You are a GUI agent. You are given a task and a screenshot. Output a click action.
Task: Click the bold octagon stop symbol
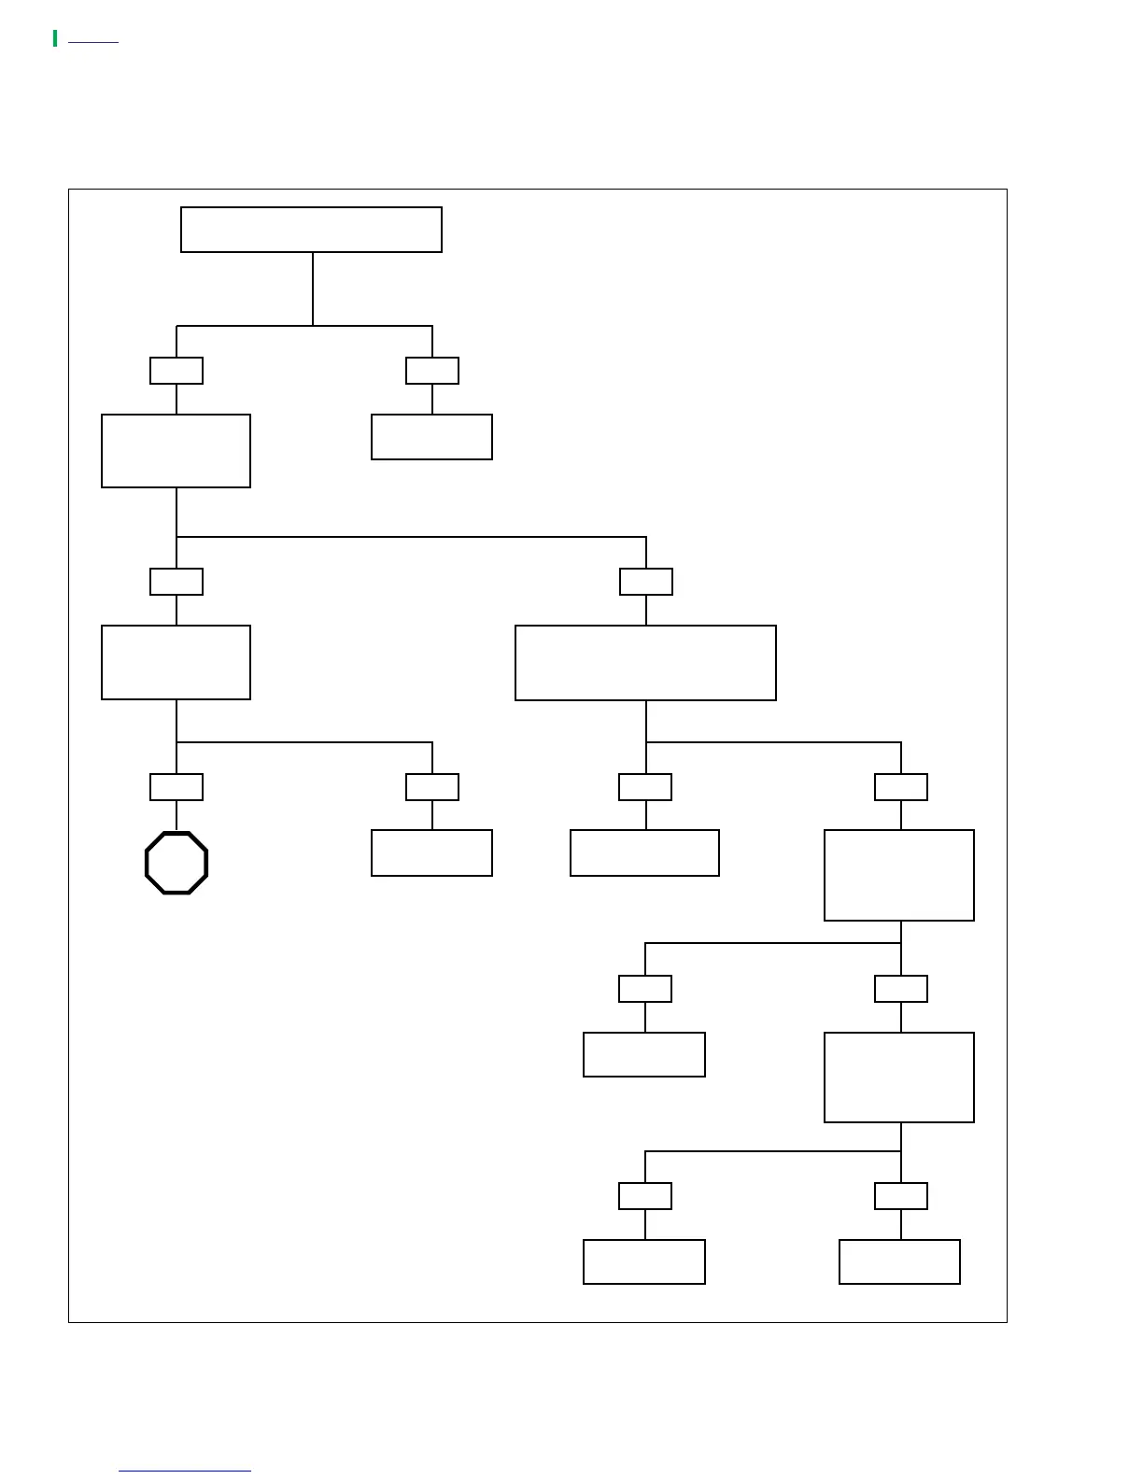176,863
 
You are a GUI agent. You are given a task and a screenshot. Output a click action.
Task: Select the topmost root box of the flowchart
311,230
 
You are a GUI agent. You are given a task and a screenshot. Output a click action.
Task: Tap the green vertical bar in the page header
55,38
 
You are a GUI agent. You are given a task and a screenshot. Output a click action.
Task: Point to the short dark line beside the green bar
93,42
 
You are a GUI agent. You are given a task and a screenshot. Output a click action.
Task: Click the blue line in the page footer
185,1471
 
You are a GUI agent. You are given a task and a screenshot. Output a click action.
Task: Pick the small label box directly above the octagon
176,787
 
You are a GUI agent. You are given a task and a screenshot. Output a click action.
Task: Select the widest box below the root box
645,663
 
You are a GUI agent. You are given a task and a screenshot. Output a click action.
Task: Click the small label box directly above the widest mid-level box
646,582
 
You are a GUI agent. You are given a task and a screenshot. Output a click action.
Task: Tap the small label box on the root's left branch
176,371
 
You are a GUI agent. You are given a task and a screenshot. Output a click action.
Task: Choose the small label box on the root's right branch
432,371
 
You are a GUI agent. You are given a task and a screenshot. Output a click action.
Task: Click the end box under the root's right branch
431,437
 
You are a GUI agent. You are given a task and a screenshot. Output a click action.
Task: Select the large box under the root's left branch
176,451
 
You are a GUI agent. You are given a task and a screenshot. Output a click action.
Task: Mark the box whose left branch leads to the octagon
176,662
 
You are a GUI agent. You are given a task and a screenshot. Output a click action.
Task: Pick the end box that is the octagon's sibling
431,852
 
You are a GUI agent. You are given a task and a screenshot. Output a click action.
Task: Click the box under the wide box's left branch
644,852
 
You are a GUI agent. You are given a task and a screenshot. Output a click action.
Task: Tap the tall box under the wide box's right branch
899,875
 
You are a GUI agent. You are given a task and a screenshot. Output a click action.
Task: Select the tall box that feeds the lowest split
899,1077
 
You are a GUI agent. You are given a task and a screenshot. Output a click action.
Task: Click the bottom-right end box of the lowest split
899,1261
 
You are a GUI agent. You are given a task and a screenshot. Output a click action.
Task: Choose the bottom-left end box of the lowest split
644,1261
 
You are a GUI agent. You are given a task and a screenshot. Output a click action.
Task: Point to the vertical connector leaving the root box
313,289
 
